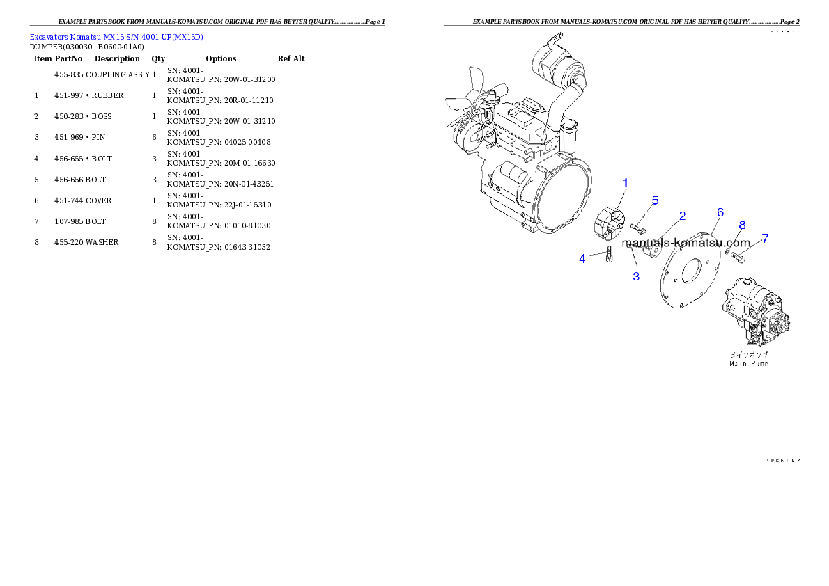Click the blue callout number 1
coord(625,183)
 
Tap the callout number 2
coord(683,216)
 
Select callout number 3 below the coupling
coord(635,276)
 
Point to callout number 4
coord(582,259)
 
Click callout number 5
coord(655,200)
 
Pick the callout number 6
coord(720,212)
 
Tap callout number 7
coord(765,238)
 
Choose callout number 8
coord(742,225)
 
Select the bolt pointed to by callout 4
coord(608,255)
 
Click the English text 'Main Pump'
coord(749,363)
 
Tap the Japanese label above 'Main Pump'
coord(749,354)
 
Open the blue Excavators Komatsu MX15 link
coord(116,37)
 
